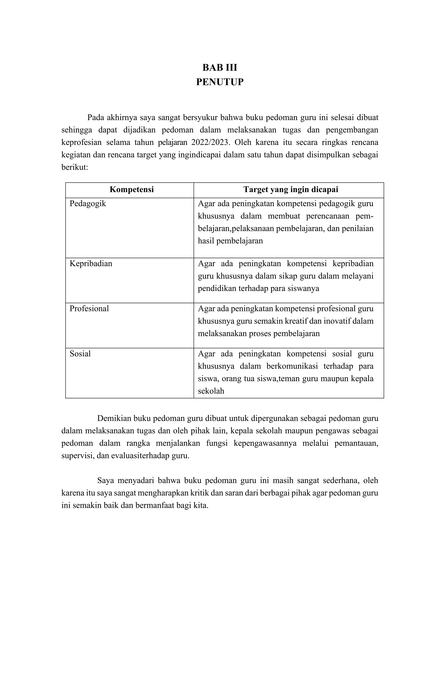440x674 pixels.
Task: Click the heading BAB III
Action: [x=220, y=68]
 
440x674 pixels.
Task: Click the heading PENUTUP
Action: [x=220, y=82]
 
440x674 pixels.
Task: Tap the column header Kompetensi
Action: [x=131, y=189]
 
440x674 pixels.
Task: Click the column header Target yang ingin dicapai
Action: [x=291, y=189]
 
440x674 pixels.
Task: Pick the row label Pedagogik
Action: [x=88, y=204]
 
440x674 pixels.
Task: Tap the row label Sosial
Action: [x=80, y=354]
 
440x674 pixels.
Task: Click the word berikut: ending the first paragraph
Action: [x=75, y=167]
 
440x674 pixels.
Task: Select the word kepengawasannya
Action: [x=265, y=443]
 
